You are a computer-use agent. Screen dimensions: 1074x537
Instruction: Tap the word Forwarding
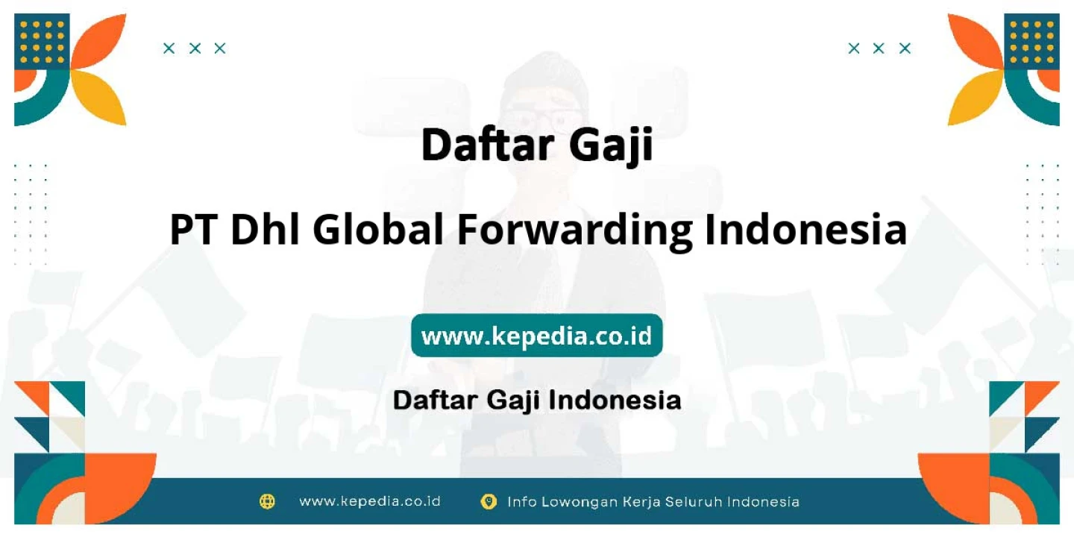click(x=575, y=230)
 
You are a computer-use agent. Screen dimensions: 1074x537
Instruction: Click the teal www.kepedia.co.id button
click(x=536, y=336)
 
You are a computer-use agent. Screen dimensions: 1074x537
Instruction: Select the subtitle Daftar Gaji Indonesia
click(x=537, y=401)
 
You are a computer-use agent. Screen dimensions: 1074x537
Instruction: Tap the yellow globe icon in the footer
click(x=267, y=501)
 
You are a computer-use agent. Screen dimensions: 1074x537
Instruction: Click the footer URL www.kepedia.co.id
click(x=370, y=501)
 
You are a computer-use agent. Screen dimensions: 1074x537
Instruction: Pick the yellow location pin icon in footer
click(x=489, y=501)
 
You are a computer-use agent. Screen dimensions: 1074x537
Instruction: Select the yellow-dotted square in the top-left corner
click(x=42, y=42)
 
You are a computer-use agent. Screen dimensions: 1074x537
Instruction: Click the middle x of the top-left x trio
click(x=195, y=48)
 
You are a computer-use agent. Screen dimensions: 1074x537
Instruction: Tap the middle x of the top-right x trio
click(x=879, y=48)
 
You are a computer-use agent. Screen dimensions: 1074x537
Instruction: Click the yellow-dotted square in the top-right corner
click(x=1031, y=42)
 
